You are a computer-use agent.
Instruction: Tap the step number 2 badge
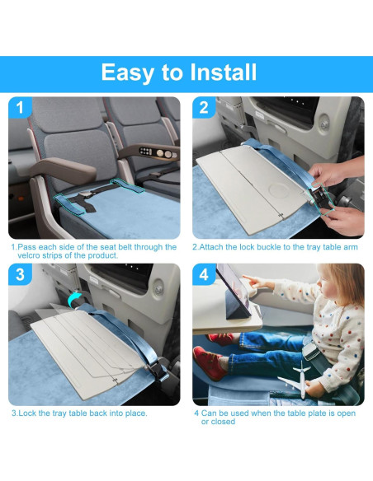[x=204, y=108]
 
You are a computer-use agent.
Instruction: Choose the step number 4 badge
[x=204, y=274]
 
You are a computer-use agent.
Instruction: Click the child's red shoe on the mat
[x=208, y=360]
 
